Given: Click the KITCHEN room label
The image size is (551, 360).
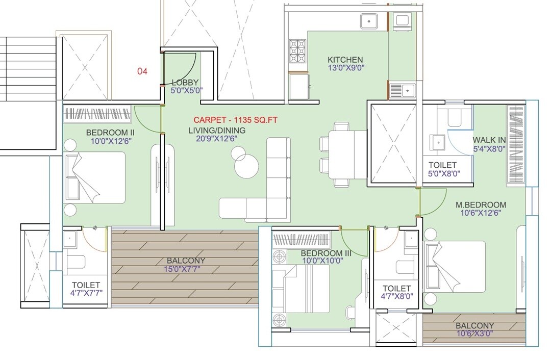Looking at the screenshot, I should tap(345, 60).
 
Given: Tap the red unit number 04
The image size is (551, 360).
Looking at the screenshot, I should tap(142, 71).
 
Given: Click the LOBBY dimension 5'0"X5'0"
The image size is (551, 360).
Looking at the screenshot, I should tap(187, 90).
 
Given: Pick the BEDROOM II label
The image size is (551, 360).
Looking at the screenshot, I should tap(110, 133).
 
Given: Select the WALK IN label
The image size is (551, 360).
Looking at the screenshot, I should tap(489, 140).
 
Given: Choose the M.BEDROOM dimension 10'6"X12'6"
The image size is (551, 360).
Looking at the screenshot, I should tap(481, 214).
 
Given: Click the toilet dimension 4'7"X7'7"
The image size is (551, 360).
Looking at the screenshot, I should tap(86, 294).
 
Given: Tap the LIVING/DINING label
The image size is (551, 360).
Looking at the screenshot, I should tap(217, 131).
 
